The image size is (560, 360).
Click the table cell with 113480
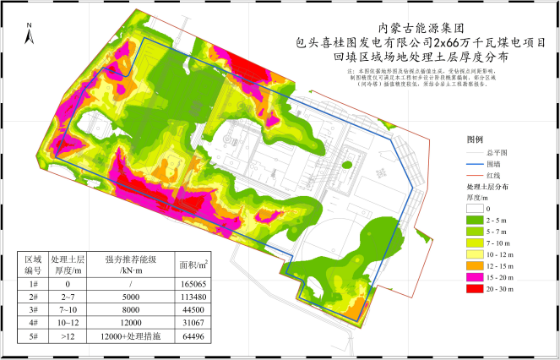tap(193, 298)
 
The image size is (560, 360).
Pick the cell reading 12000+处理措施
tap(129, 335)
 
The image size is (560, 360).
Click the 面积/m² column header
tap(193, 265)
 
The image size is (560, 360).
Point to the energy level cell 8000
tap(129, 311)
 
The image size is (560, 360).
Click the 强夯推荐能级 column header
tap(129, 265)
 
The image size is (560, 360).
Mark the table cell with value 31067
tap(193, 323)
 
